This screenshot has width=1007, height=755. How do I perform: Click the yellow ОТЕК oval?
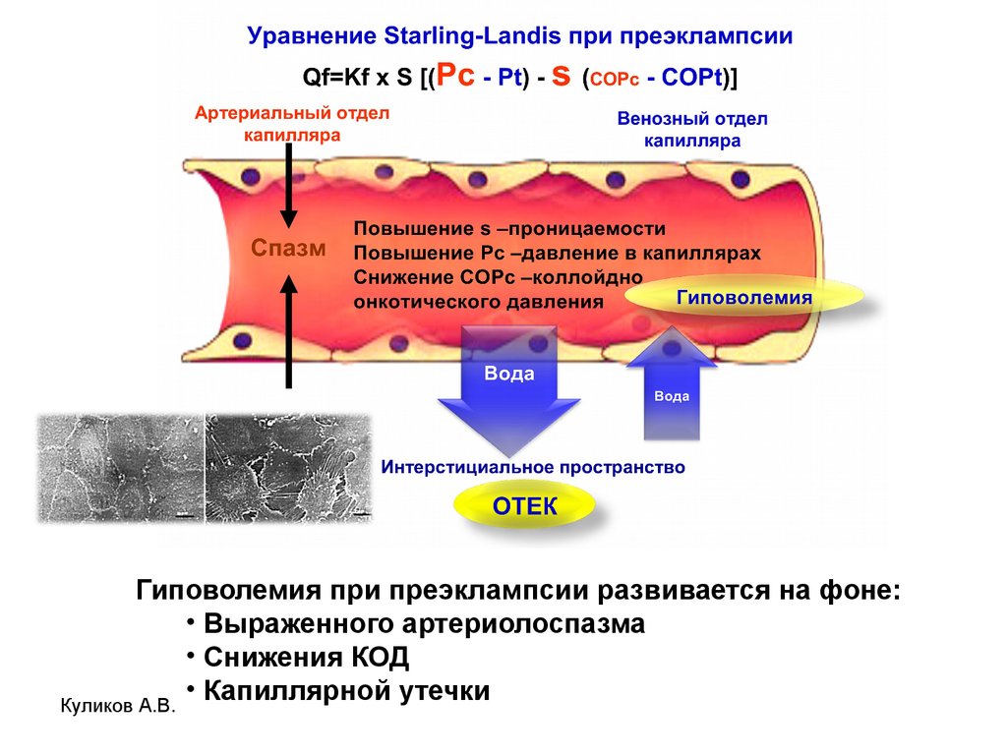pyautogui.click(x=524, y=506)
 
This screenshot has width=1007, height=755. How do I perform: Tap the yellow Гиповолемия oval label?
pyautogui.click(x=744, y=297)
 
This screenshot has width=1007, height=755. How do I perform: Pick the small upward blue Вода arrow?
pyautogui.click(x=671, y=383)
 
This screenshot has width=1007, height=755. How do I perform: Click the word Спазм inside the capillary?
pyautogui.click(x=288, y=248)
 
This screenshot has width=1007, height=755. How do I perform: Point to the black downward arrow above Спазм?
pyautogui.click(x=289, y=185)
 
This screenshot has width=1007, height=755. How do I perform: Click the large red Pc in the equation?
pyautogui.click(x=455, y=75)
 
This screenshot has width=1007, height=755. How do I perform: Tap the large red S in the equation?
pyautogui.click(x=561, y=76)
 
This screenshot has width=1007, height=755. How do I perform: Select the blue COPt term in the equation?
pyautogui.click(x=691, y=77)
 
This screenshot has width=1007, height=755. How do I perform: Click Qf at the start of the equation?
pyautogui.click(x=314, y=77)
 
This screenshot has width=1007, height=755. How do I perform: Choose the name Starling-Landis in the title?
pyautogui.click(x=472, y=35)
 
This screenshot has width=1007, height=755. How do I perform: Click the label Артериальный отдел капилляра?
pyautogui.click(x=292, y=124)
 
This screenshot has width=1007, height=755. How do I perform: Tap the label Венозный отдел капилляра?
pyautogui.click(x=692, y=129)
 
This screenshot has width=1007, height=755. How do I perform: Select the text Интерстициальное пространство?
pyautogui.click(x=533, y=467)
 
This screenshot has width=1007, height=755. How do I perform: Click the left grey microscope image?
pyautogui.click(x=121, y=467)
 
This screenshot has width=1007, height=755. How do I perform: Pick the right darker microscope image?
pyautogui.click(x=289, y=467)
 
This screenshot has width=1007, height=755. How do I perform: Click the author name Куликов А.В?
pyautogui.click(x=118, y=706)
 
